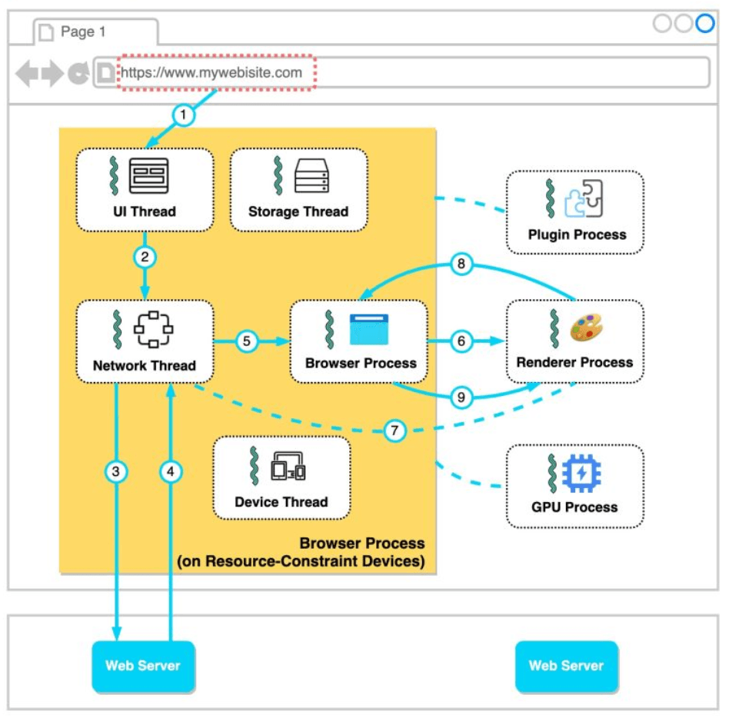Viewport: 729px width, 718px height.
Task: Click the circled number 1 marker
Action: coord(183,115)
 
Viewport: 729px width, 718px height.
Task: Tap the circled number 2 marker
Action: coord(144,258)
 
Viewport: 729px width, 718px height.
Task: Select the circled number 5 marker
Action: coord(246,341)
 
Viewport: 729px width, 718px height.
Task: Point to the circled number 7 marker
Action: coord(394,430)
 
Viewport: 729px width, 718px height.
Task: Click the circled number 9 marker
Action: coord(461,397)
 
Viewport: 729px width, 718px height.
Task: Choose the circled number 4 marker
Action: coord(171,472)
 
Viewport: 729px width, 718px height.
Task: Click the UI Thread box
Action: coord(145,189)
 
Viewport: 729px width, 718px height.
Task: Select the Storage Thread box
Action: coord(298,189)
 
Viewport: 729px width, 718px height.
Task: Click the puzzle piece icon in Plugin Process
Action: coord(584,198)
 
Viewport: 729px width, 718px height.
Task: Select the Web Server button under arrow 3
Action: coord(143,666)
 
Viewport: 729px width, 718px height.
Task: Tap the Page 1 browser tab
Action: coord(95,32)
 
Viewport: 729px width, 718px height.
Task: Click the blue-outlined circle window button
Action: coord(704,24)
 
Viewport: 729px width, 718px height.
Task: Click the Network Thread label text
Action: coord(145,365)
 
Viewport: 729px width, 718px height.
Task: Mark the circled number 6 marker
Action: coord(461,341)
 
